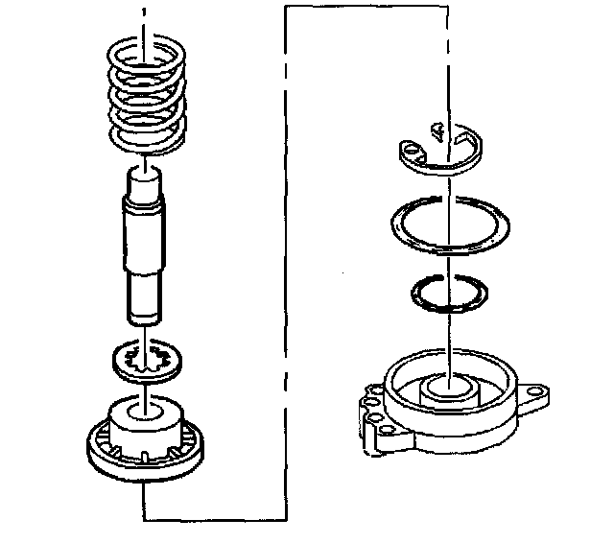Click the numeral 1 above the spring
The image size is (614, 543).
pyautogui.click(x=144, y=13)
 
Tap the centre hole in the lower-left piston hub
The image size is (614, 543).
pyautogui.click(x=144, y=413)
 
